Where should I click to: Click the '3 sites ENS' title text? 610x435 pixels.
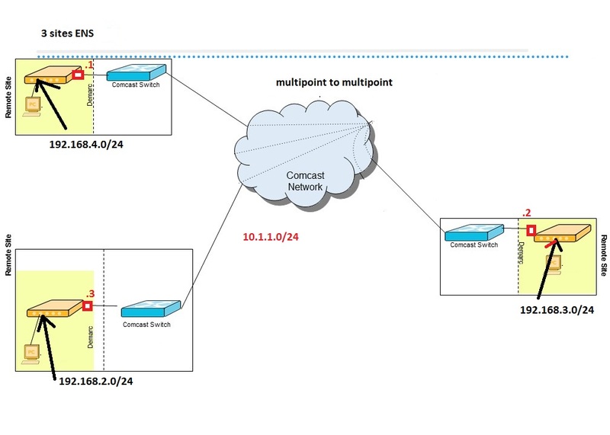pos(68,34)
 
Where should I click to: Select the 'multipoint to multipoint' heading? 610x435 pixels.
pos(334,82)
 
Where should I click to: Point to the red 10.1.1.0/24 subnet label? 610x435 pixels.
pos(271,238)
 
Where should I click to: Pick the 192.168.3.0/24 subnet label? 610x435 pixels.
pos(557,310)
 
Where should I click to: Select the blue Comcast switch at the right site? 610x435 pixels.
pos(474,232)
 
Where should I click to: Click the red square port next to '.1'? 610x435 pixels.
pos(78,75)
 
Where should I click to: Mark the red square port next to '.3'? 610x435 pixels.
pos(88,306)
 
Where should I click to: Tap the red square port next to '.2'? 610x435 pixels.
pos(530,229)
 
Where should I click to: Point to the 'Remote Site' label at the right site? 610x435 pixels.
pos(603,255)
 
